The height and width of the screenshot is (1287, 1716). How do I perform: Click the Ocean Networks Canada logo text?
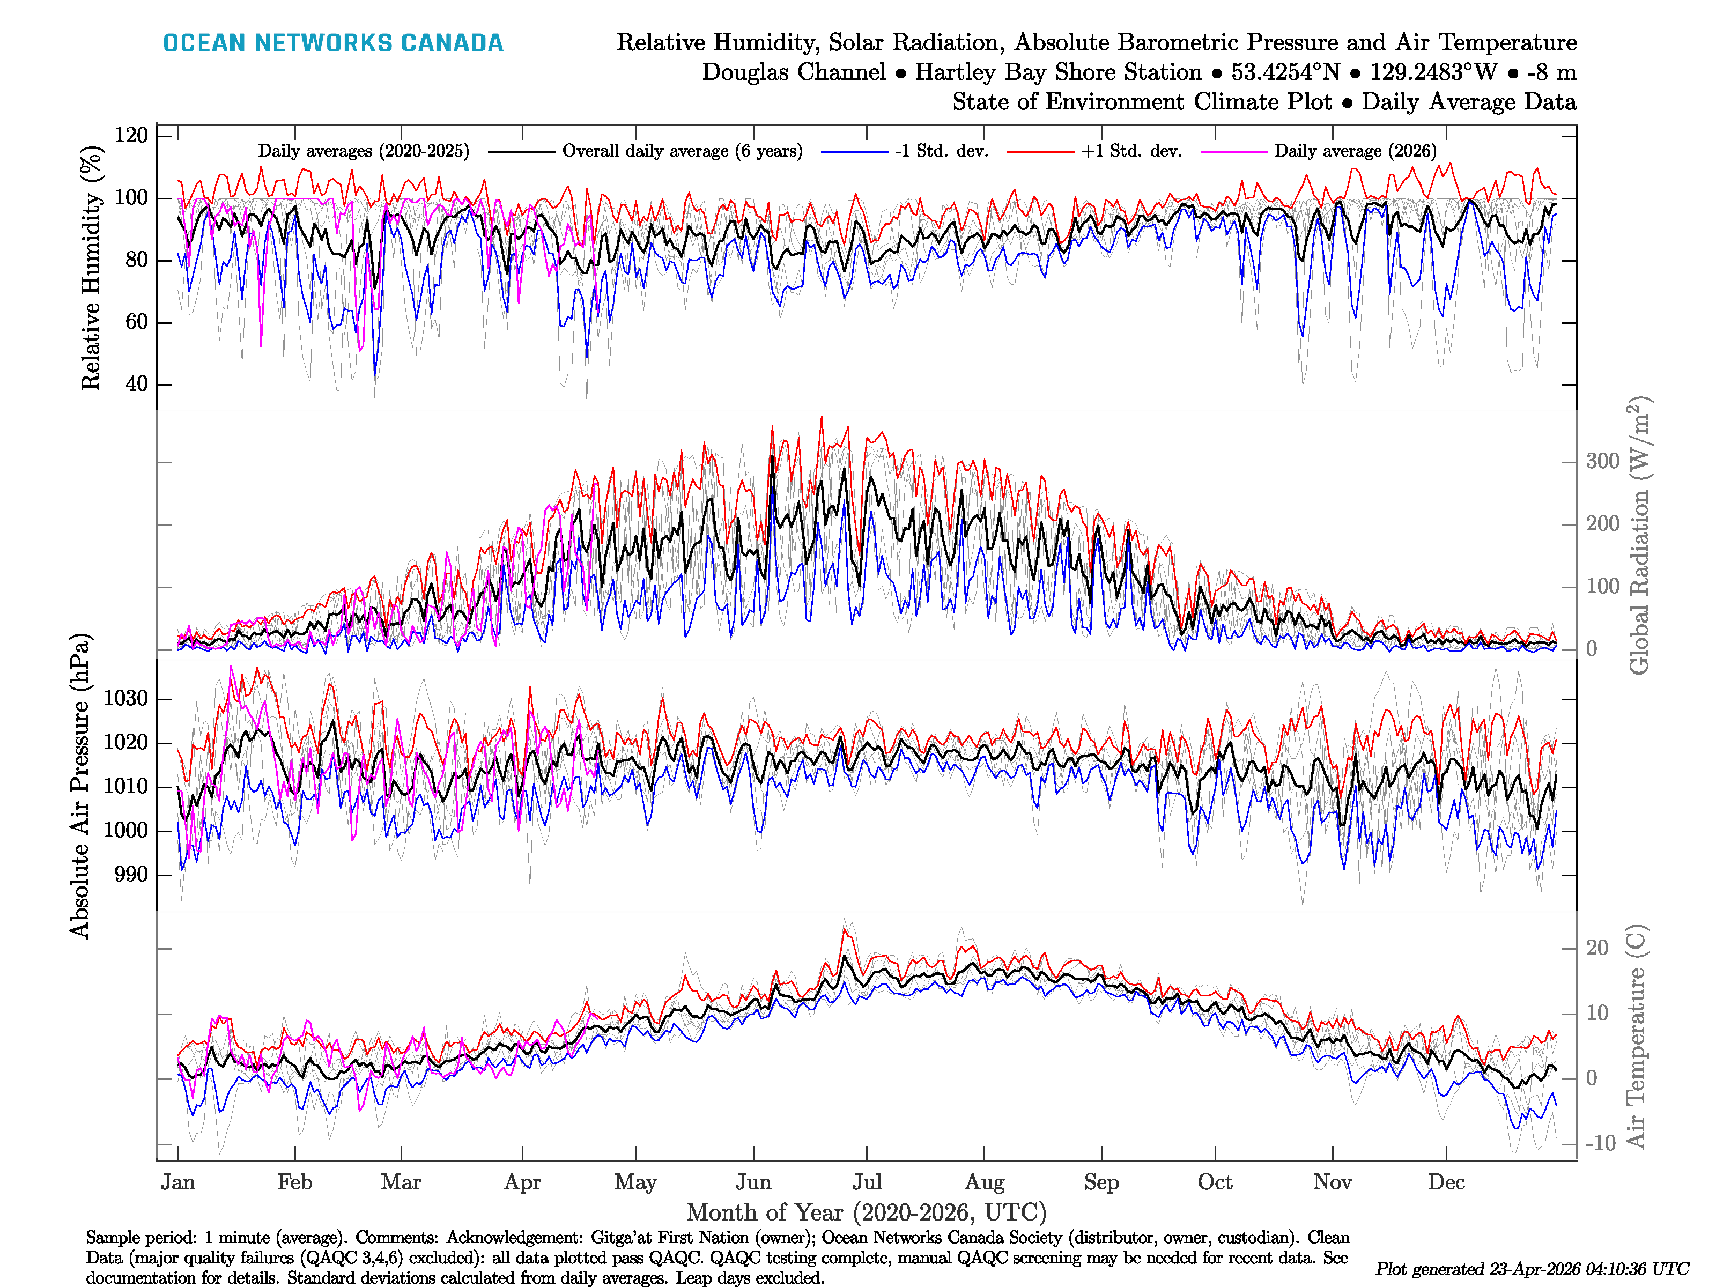click(x=333, y=43)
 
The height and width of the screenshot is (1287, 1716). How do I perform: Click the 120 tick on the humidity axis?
click(x=131, y=135)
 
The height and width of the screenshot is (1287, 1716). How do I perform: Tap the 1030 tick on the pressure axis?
click(x=125, y=698)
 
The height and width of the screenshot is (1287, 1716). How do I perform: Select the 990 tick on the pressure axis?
click(x=130, y=874)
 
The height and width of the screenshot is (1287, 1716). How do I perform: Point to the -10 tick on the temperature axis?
click(x=1600, y=1143)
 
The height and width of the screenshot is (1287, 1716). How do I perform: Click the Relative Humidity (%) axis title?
click(x=92, y=268)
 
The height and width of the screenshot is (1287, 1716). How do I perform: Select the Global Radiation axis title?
click(x=1638, y=535)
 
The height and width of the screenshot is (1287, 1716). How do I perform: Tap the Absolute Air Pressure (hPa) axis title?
click(x=80, y=786)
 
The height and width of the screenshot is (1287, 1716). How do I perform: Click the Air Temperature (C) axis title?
click(x=1636, y=1035)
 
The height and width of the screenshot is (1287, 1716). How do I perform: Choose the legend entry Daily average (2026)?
click(x=1355, y=151)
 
